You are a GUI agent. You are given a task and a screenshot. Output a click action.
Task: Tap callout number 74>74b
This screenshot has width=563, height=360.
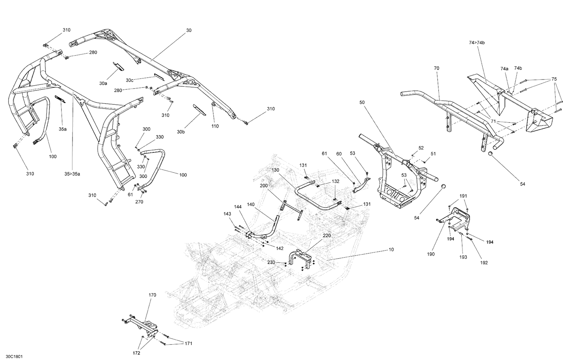(x=477, y=43)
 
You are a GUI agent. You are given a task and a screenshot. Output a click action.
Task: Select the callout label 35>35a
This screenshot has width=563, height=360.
(x=72, y=174)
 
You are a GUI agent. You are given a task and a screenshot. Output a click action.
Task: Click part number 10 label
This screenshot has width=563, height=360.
(x=391, y=250)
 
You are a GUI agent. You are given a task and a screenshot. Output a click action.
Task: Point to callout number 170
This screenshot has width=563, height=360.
(x=152, y=295)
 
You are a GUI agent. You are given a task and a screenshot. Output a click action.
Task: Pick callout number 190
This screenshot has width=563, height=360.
(x=431, y=254)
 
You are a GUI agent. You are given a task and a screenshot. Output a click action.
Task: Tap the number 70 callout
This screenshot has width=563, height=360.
(x=436, y=68)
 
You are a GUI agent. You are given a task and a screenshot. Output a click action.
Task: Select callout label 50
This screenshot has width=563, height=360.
(x=362, y=102)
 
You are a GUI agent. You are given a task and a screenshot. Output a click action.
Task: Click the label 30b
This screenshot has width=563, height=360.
(x=181, y=132)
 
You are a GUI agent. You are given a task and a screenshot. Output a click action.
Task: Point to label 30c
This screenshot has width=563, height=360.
(x=130, y=80)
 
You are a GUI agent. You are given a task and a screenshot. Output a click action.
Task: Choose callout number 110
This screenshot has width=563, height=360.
(x=215, y=126)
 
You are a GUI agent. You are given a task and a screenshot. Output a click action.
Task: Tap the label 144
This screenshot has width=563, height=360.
(x=238, y=207)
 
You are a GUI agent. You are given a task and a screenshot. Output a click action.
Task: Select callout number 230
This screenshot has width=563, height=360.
(x=271, y=262)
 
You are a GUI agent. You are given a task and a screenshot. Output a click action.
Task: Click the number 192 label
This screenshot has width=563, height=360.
(x=484, y=262)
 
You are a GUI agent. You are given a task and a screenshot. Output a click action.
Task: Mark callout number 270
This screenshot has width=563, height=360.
(x=139, y=202)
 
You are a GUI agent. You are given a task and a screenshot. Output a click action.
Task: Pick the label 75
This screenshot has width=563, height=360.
(x=554, y=80)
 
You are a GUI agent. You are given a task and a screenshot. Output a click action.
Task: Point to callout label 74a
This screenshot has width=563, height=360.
(x=504, y=69)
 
